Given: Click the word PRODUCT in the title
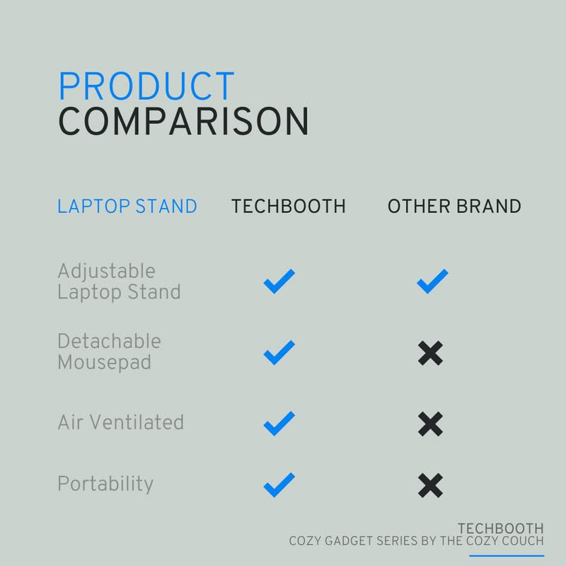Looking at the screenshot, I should (x=146, y=86).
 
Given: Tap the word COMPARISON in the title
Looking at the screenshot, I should (x=183, y=122).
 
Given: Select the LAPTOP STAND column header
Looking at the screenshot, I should (x=127, y=207).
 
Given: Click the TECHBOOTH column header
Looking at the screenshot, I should (x=289, y=207).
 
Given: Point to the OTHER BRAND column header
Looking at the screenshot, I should (x=454, y=207).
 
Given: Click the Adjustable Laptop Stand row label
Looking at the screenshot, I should (x=119, y=282).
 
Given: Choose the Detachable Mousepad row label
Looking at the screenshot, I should (x=109, y=352).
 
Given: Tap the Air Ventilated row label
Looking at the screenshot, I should (x=120, y=422).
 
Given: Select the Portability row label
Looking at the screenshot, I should (x=105, y=484).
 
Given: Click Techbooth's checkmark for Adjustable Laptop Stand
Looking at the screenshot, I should (x=279, y=282).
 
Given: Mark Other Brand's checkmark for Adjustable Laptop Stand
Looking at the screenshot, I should (x=432, y=282).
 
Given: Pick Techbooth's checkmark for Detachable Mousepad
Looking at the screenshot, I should (x=279, y=352).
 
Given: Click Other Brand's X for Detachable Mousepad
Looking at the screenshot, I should (x=430, y=352).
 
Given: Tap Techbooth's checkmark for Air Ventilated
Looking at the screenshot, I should (x=279, y=423).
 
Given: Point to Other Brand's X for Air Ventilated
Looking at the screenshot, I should (x=430, y=423).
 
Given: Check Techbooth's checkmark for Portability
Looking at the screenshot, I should (x=279, y=485).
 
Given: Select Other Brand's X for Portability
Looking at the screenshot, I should (x=430, y=485).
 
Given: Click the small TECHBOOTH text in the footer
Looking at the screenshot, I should (x=500, y=529).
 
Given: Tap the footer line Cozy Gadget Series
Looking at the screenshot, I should (x=416, y=541).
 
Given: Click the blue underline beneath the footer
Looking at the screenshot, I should (x=507, y=555).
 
